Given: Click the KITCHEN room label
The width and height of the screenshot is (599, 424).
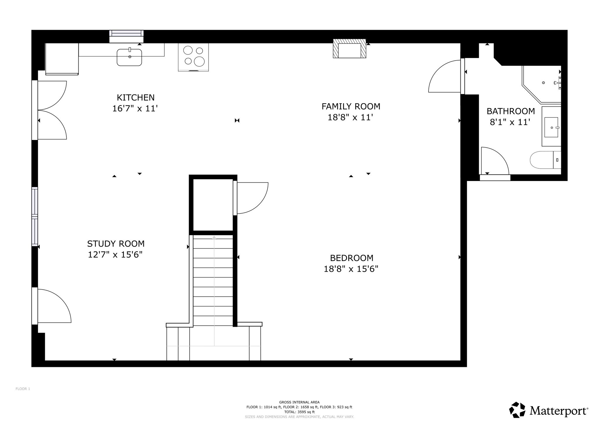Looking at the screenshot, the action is tap(136, 98).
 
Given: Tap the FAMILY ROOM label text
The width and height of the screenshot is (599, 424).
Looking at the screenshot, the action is tap(351, 106).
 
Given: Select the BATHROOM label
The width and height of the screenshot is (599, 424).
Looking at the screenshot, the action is tap(511, 111).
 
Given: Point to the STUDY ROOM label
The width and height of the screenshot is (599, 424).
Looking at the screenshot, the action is tap(116, 244).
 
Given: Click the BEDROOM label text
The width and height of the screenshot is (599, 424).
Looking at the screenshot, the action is tap(352, 258).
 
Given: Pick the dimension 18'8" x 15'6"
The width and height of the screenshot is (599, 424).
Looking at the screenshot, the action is tap(351, 269).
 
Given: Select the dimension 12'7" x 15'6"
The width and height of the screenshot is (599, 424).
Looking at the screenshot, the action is tap(115, 254).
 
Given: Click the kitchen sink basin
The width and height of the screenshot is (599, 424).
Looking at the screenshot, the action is tap(129, 57).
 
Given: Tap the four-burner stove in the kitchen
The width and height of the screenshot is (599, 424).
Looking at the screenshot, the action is tap(194, 57).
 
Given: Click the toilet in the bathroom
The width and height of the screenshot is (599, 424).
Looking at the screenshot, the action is tap(545, 160).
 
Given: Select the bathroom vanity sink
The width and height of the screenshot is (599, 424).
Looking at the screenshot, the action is tap(551, 127).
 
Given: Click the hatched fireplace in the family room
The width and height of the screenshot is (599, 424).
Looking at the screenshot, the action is tap(349, 48).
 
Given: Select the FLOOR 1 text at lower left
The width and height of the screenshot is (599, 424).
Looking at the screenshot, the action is tap(23, 389).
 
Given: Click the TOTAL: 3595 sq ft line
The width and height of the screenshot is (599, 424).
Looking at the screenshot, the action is tap(299, 412).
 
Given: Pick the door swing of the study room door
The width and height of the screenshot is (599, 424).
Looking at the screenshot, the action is tap(54, 306).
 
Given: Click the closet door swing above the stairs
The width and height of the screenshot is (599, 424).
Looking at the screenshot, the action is tap(252, 198).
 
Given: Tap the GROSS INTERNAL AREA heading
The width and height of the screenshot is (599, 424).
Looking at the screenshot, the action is tap(299, 402).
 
